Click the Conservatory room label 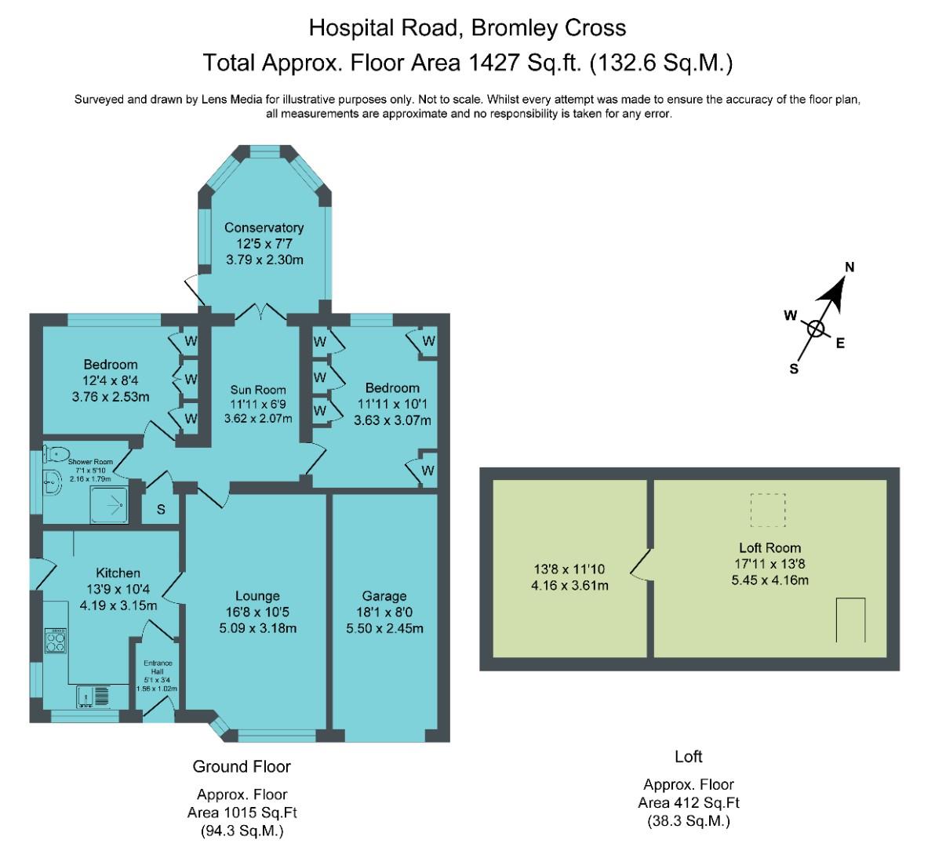(264, 227)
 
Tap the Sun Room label (258, 390)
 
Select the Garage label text (384, 596)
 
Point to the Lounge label (257, 596)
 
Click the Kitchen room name (118, 573)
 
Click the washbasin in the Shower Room (52, 482)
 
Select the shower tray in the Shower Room (109, 506)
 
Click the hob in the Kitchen (56, 640)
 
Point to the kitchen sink (93, 696)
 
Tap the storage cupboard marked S (160, 510)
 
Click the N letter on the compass (850, 267)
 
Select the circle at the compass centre (816, 329)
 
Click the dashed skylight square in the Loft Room (768, 511)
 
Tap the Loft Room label (769, 547)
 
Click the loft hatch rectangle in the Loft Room (850, 620)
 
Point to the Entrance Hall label (158, 667)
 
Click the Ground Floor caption (242, 766)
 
